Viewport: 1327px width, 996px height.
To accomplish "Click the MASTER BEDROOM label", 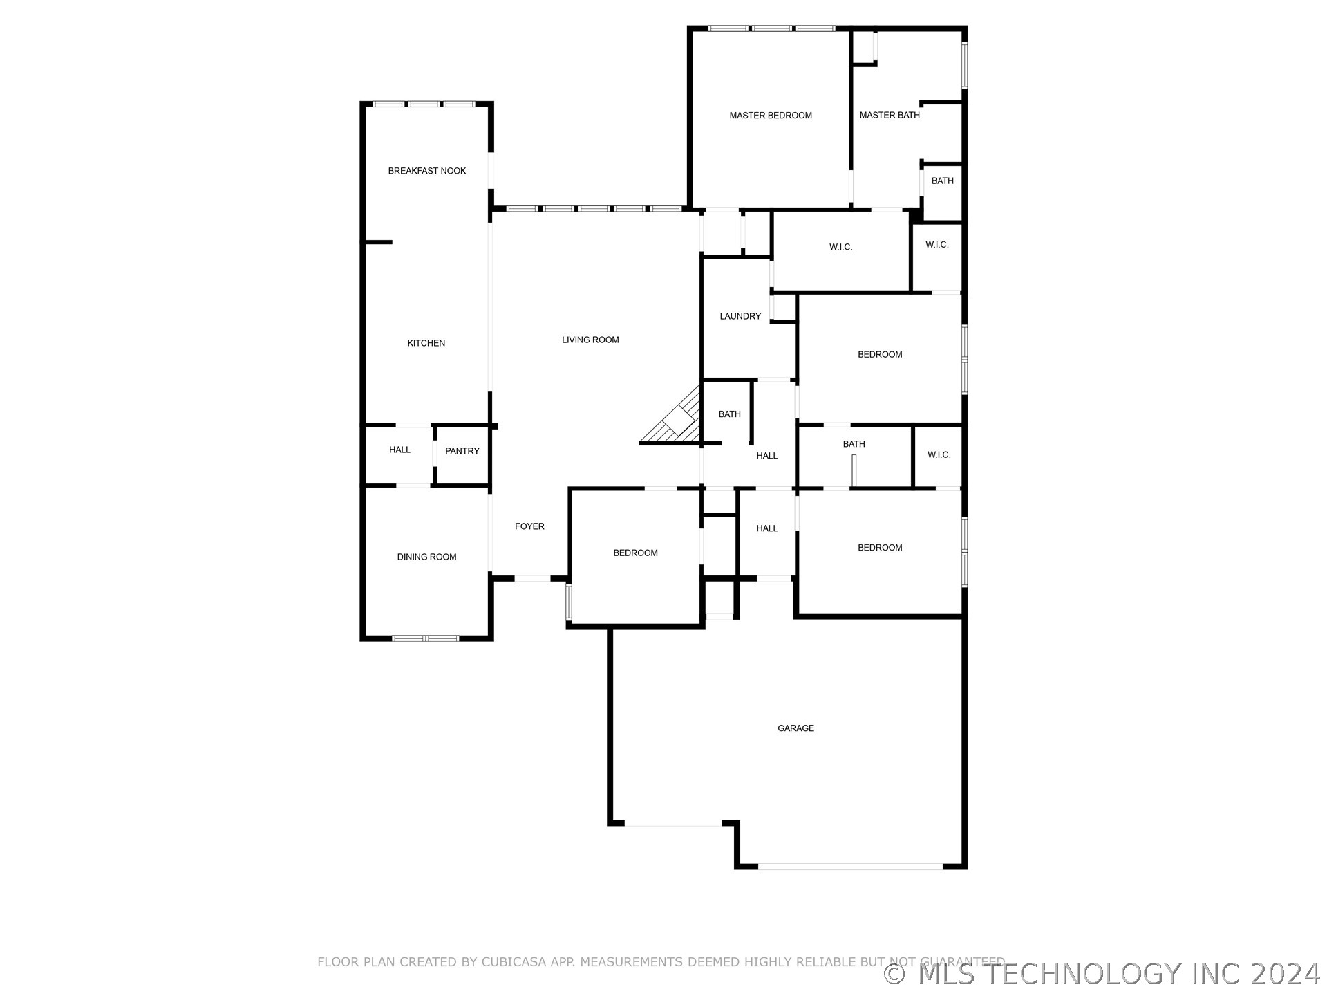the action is point(771,116).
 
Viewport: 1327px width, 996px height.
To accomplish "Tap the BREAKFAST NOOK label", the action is point(427,171).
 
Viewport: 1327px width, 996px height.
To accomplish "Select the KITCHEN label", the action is point(426,343).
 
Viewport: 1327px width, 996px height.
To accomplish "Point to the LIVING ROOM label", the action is point(590,340).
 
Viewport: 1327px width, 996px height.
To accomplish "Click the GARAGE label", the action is point(796,728).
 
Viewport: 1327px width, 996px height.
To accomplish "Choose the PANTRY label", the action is point(462,451).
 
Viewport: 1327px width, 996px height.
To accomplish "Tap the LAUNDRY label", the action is point(740,316).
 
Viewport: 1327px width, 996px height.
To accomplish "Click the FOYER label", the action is point(529,526).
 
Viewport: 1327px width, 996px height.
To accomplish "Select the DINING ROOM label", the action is point(426,557).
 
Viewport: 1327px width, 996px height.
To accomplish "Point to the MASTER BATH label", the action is point(890,115).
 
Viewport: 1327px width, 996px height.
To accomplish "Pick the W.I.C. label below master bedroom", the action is point(841,247).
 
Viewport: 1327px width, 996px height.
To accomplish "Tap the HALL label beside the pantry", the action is point(399,450).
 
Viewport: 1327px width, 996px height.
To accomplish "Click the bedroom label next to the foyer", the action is point(635,553).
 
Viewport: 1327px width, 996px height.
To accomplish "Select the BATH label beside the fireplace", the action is point(729,414).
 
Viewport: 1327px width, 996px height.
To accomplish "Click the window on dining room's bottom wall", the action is point(425,638).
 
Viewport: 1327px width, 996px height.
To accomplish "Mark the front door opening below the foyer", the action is point(532,578).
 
